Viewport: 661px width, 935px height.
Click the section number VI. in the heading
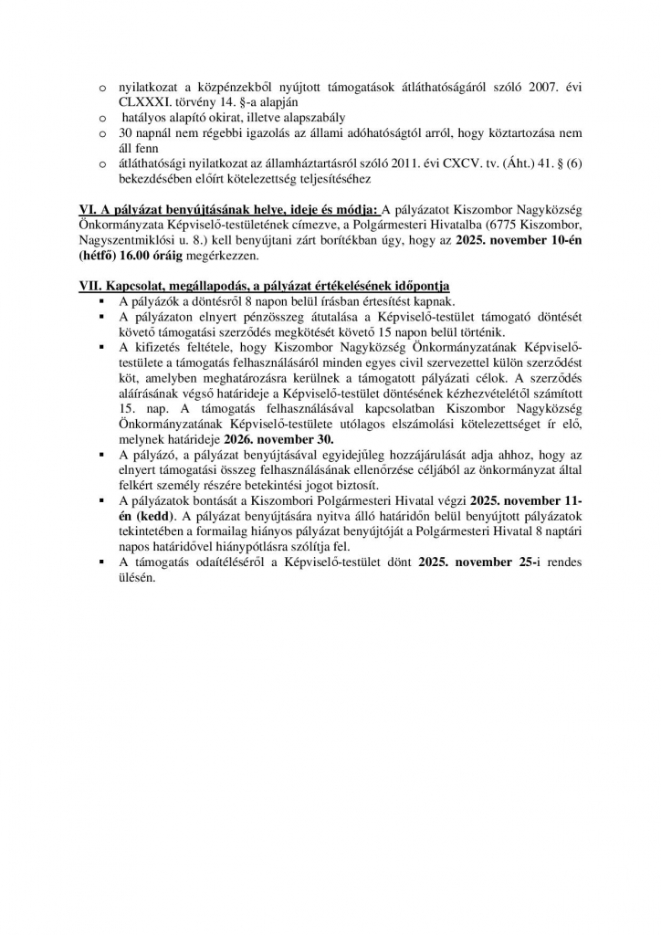click(88, 209)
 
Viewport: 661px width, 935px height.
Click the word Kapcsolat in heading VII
click(140, 287)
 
